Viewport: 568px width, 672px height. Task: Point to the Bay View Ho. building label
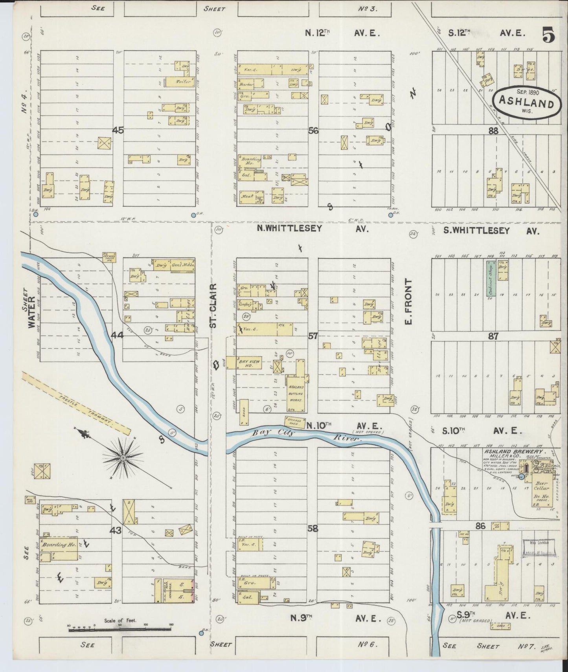tap(250, 362)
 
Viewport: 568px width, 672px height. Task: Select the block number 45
tap(118, 130)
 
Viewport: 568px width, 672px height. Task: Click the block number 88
tap(493, 132)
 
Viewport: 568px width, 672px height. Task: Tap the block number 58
tap(313, 529)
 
